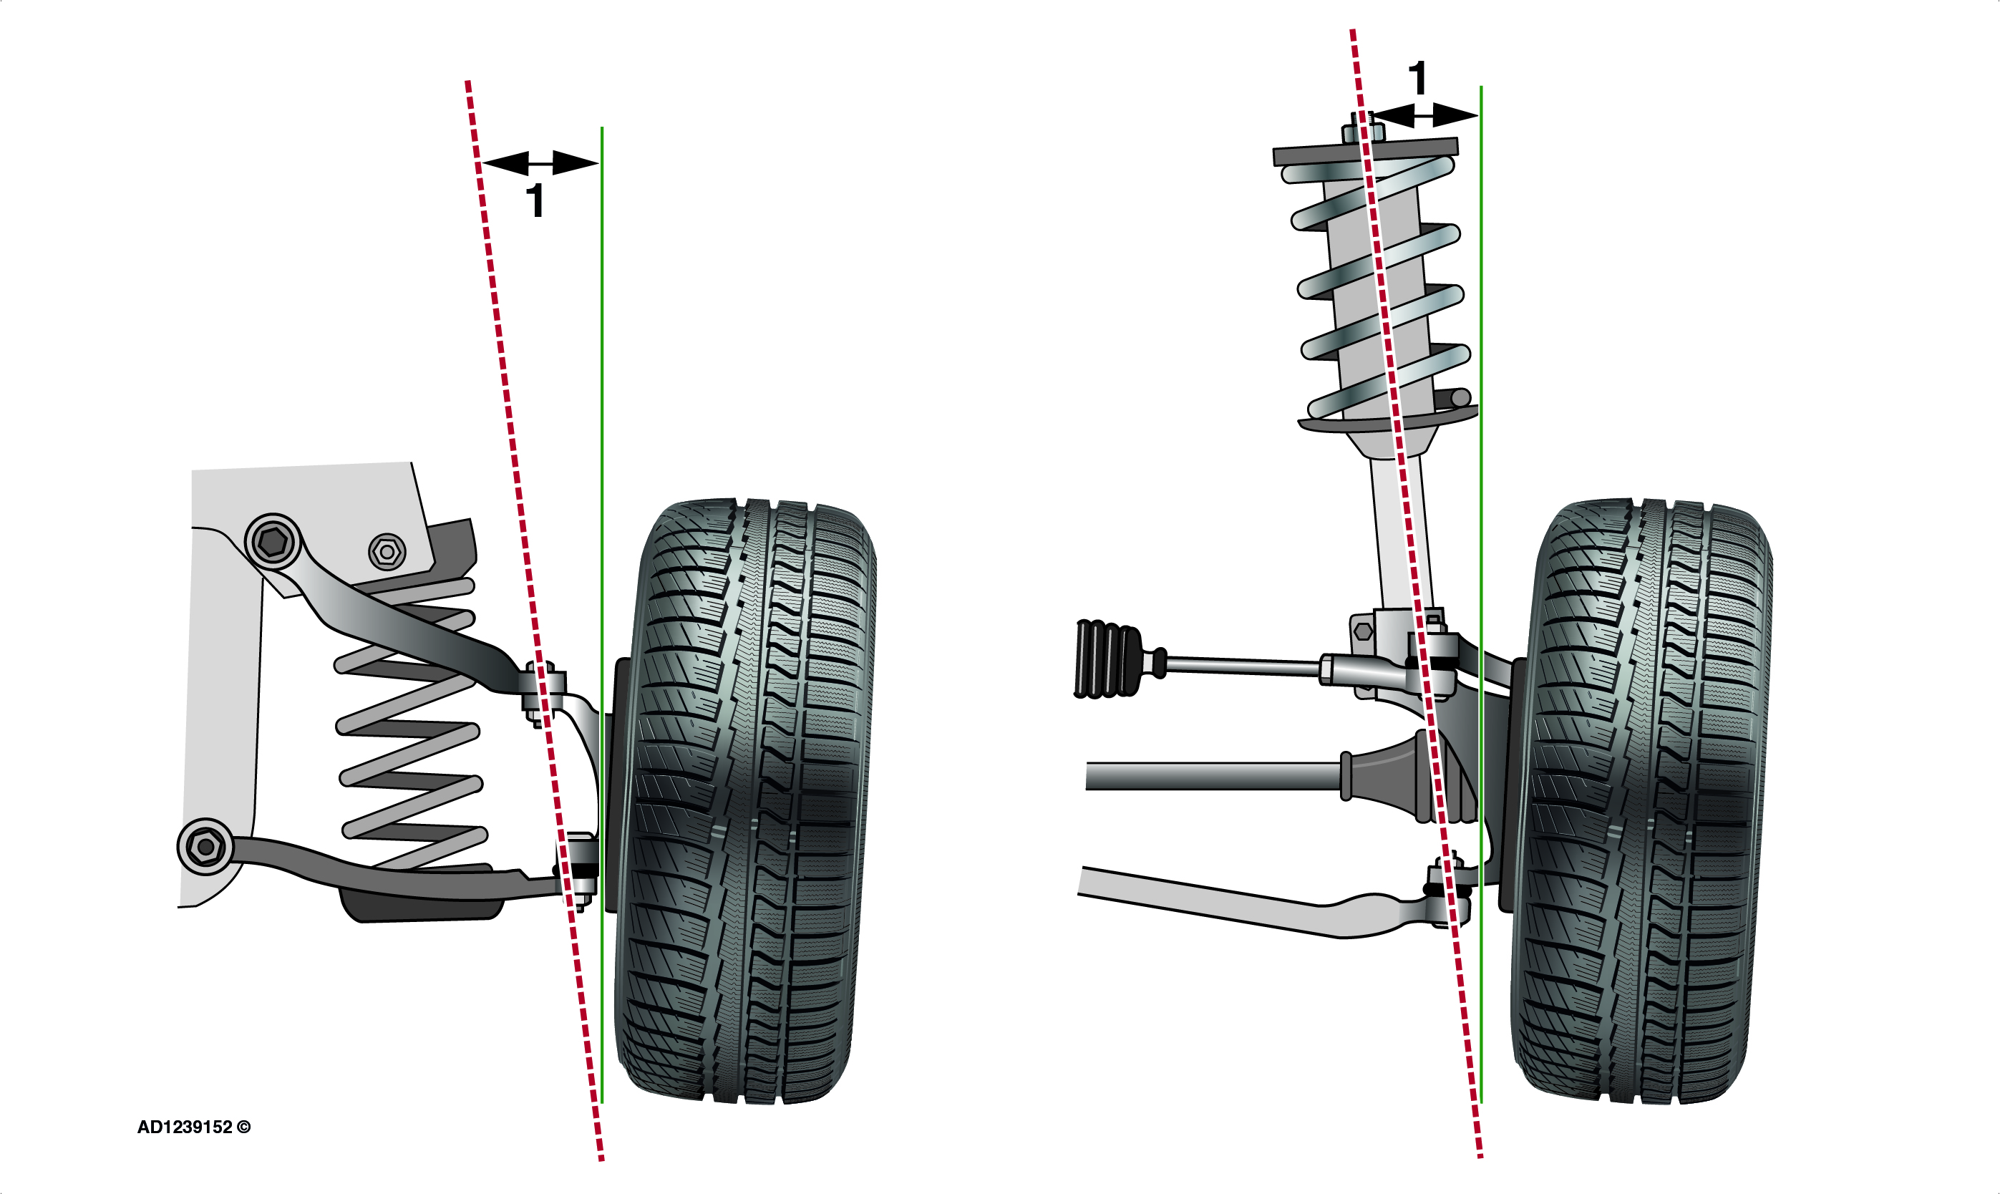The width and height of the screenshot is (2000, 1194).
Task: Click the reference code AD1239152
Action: point(185,1127)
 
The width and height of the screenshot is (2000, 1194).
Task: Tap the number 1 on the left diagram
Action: point(535,200)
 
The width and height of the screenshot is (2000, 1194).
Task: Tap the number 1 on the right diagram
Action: point(1417,78)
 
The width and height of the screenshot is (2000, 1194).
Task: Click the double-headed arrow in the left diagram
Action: point(540,163)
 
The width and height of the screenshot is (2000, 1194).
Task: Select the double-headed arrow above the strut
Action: point(1423,116)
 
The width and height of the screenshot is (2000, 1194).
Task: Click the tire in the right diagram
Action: point(1641,800)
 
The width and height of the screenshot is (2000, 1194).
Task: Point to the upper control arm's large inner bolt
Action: point(273,543)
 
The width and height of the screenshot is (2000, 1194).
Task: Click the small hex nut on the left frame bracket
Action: point(387,552)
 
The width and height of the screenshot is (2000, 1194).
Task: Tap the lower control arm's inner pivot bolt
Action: point(205,846)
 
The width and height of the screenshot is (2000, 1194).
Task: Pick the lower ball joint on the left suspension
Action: point(578,872)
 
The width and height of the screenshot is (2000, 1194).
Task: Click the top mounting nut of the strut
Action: point(1363,129)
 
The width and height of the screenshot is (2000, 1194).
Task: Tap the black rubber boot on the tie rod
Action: point(1108,658)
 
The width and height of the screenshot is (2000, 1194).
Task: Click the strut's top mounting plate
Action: point(1365,151)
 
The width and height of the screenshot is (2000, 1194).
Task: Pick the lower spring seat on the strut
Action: point(1389,422)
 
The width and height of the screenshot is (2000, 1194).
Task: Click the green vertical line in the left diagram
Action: point(602,615)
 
